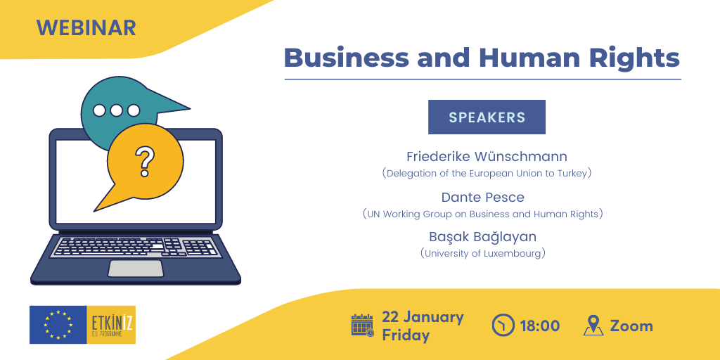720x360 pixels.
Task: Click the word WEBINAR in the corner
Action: coord(86,28)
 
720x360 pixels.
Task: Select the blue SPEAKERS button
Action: coord(487,117)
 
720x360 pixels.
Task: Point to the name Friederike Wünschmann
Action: coord(487,157)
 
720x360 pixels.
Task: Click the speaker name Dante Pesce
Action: coord(482,198)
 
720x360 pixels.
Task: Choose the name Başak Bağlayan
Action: coord(482,237)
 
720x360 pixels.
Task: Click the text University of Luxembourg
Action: coord(482,253)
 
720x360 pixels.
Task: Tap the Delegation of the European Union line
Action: coord(487,174)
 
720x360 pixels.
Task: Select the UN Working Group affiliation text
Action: coord(482,214)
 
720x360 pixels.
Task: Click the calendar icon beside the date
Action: coord(363,326)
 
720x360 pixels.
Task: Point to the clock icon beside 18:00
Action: coord(503,326)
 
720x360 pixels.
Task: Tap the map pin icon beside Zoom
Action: coord(593,326)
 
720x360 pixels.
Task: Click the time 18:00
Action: coord(540,326)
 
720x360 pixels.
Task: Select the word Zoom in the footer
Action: coord(631,326)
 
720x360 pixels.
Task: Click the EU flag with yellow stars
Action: coord(58,325)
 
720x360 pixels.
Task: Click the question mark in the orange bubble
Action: coord(145,162)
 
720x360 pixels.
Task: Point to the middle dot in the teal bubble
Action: coord(117,110)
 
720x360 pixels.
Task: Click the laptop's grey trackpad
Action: coord(136,269)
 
